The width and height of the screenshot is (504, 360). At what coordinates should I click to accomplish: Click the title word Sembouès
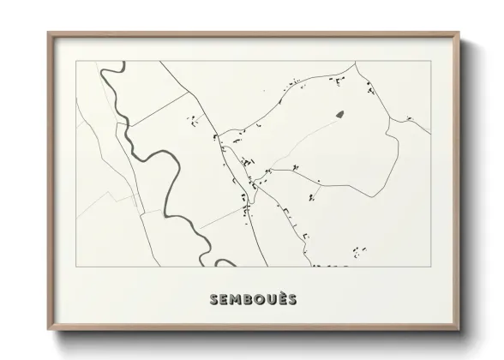pos(252,299)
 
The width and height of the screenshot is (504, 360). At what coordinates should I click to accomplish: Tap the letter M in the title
pos(235,299)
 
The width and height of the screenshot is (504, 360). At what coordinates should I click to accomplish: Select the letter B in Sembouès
pos(248,299)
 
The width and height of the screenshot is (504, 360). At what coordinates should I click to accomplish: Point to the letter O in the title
pos(259,299)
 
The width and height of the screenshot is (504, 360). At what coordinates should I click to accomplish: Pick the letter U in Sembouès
pos(270,299)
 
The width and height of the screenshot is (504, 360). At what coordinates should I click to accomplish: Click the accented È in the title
pos(281,298)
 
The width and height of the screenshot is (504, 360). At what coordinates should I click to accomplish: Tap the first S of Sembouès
pos(213,299)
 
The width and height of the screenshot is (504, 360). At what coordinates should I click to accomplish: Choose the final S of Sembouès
pos(291,299)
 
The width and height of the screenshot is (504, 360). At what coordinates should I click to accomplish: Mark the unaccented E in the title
pos(224,299)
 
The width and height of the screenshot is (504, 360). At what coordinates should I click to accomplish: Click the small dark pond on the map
pos(339,114)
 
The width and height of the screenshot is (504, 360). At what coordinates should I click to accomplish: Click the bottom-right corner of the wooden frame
pos(459,332)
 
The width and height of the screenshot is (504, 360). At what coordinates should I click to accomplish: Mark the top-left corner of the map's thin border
pos(76,62)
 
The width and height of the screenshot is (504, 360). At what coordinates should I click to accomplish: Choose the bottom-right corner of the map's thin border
pos(431,266)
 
